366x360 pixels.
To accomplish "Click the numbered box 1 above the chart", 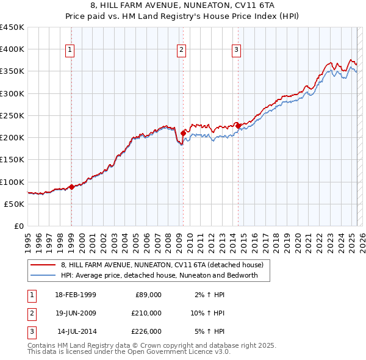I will [71, 50].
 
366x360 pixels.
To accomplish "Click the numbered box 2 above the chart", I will [182, 50].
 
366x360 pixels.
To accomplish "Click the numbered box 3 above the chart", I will [237, 50].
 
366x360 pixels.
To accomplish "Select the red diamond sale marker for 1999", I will [71, 187].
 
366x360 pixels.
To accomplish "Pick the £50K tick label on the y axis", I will [16, 204].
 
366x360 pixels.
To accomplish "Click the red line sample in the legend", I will [43, 265].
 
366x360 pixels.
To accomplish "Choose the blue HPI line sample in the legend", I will [43, 275].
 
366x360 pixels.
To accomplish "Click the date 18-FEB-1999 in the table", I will [75, 295].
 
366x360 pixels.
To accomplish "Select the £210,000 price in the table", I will [146, 313].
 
